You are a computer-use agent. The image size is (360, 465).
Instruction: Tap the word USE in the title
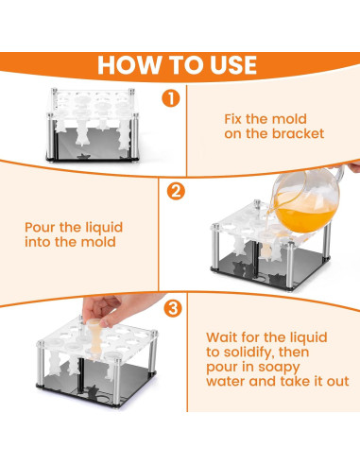(233, 65)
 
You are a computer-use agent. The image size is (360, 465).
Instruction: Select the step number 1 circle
(171, 98)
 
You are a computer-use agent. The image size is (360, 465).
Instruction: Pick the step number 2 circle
(176, 191)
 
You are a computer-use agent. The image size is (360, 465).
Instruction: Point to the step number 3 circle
(173, 308)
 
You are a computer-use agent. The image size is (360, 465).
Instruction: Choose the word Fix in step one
(233, 119)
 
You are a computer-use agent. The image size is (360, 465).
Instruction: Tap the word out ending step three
(338, 382)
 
